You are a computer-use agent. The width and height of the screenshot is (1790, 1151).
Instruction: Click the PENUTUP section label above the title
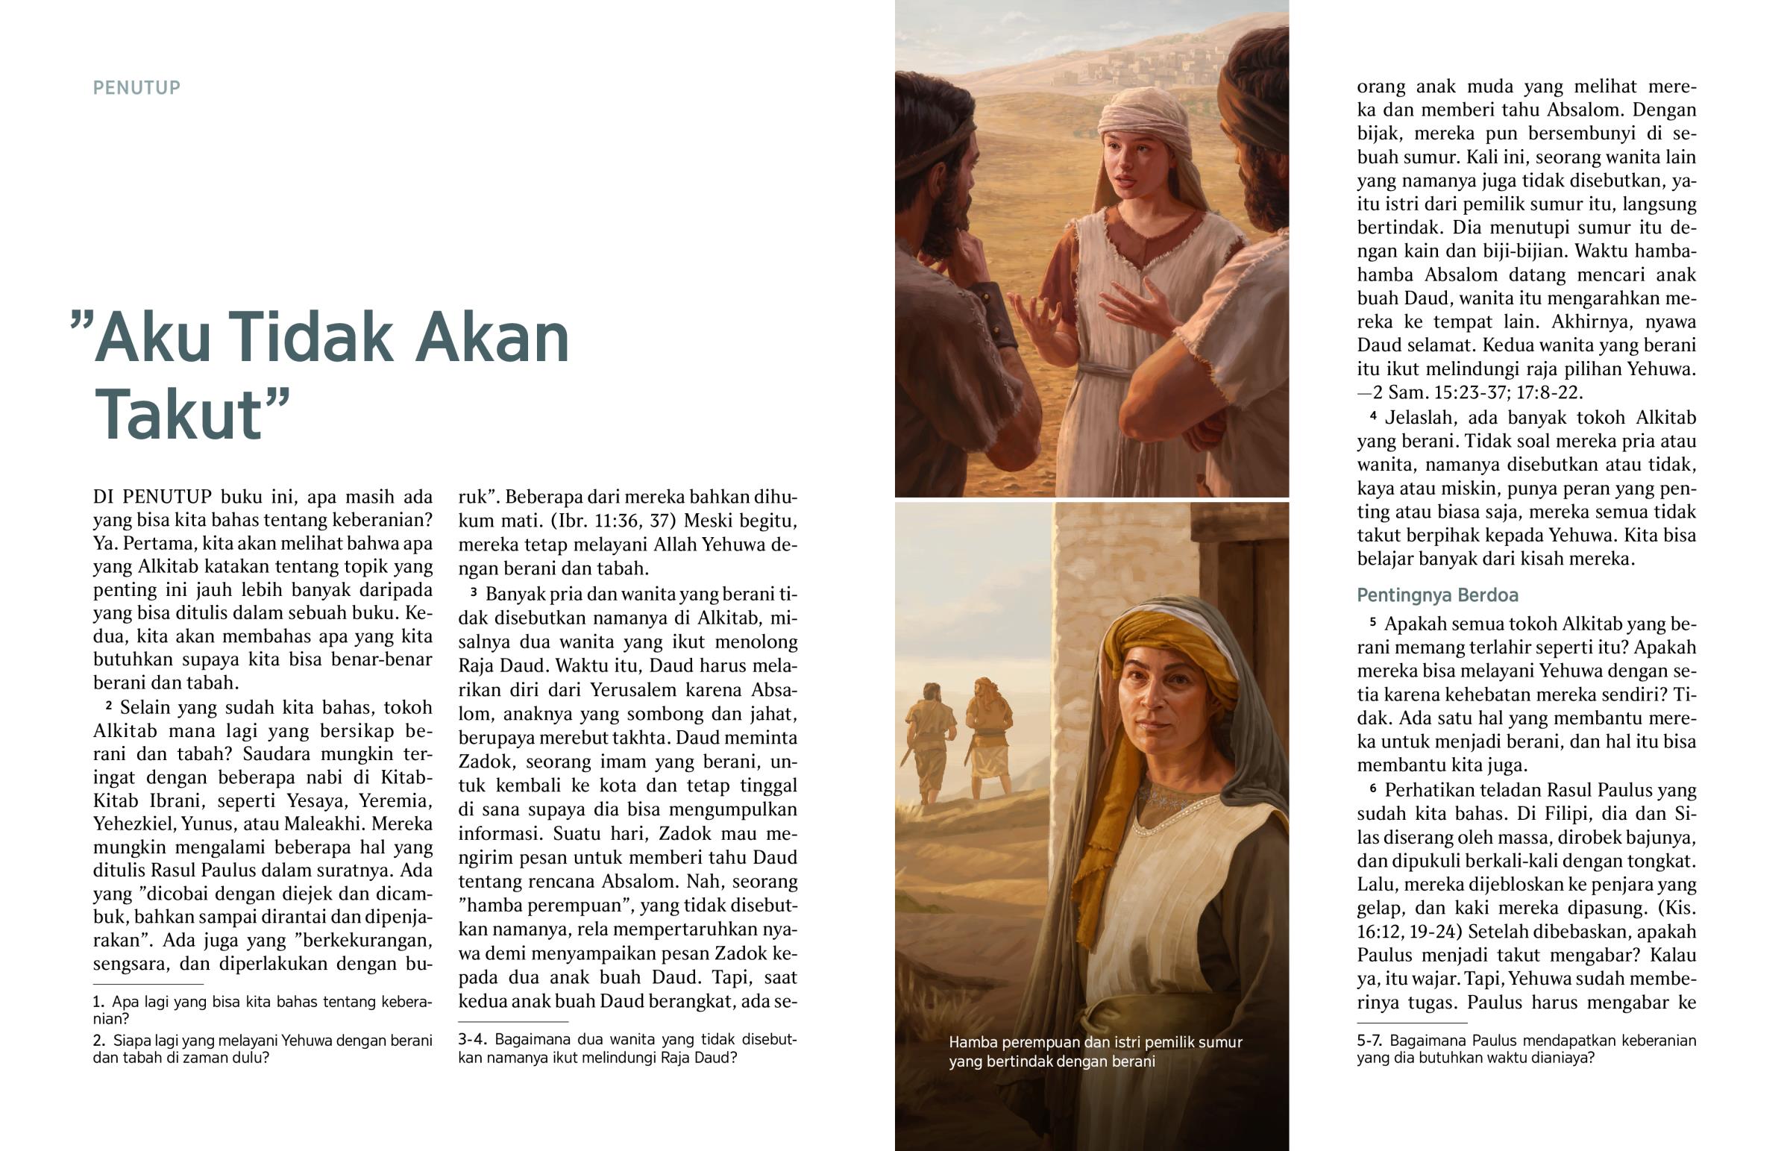(136, 88)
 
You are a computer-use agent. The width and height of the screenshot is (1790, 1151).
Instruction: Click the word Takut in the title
(179, 415)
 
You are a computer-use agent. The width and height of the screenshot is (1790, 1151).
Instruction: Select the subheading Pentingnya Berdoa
(1437, 596)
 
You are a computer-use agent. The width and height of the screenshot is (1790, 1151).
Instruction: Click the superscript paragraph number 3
(474, 593)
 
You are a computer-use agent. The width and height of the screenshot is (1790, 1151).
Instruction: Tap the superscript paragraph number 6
(1373, 788)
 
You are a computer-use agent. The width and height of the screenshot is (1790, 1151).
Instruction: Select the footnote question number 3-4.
(473, 1040)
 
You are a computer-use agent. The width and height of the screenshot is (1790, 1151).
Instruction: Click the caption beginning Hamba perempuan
(1095, 1052)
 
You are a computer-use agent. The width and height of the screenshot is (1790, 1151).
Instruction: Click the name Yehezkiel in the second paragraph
(134, 824)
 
